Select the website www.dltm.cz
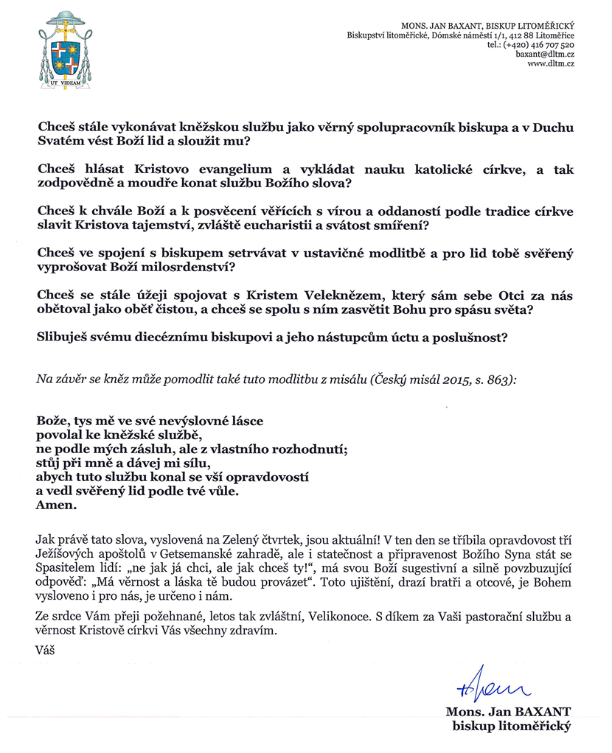[x=552, y=64]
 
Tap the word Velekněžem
[x=268, y=295]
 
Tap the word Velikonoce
[x=353, y=614]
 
